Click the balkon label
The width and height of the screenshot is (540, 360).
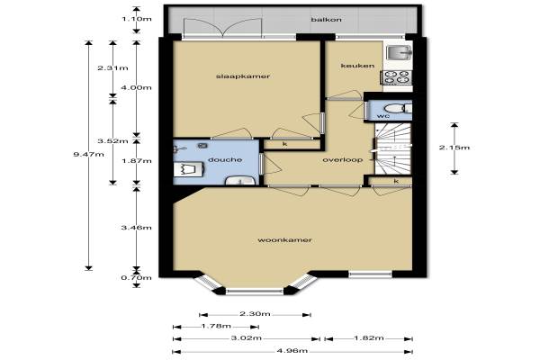[326, 20]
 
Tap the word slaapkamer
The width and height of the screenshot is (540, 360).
[243, 76]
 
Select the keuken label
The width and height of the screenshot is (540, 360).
[357, 66]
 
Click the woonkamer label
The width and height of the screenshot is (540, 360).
[284, 239]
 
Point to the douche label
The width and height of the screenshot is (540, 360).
[225, 159]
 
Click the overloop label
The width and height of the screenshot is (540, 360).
[343, 160]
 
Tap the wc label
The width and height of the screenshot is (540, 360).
[383, 116]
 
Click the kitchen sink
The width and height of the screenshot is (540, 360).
[399, 52]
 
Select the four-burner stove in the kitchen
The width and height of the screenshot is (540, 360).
[396, 77]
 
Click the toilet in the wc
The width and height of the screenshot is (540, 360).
[398, 109]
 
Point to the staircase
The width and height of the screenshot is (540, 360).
[393, 148]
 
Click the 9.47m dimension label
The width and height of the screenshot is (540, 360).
[88, 154]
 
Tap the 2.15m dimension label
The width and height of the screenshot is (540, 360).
[454, 148]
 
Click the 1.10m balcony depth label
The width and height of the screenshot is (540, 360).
[137, 19]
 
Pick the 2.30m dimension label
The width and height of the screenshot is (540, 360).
[255, 314]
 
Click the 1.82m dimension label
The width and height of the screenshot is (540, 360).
[369, 338]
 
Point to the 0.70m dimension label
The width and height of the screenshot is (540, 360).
[137, 278]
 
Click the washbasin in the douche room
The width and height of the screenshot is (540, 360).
[240, 181]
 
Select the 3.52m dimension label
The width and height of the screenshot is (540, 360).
[112, 141]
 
